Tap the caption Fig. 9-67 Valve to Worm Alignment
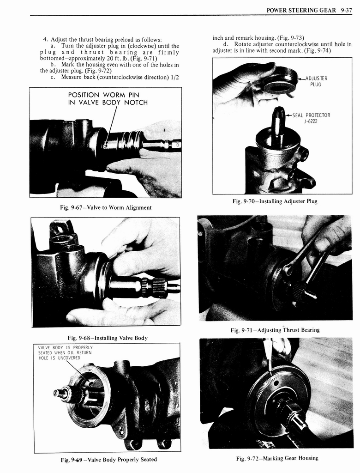(106, 207)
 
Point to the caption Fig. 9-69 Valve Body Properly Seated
(108, 459)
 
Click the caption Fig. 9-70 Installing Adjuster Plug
(275, 201)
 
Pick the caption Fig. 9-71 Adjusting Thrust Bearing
(275, 330)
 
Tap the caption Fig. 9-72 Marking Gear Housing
(277, 458)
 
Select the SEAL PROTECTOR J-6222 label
(311, 118)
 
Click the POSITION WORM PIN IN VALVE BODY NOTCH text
(107, 99)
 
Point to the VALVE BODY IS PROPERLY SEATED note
(59, 352)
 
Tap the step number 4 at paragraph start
(45, 39)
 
